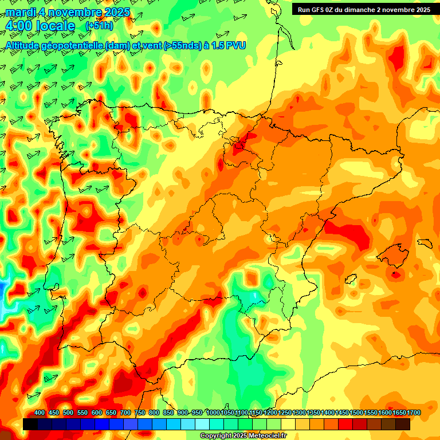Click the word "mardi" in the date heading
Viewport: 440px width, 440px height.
click(x=19, y=12)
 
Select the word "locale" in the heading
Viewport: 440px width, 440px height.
click(x=56, y=26)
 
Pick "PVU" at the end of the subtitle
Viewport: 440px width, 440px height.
click(x=236, y=45)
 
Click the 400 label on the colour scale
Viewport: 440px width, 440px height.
click(x=40, y=413)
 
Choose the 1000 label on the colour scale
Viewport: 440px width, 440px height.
click(x=213, y=413)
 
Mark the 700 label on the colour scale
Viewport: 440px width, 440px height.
click(x=125, y=413)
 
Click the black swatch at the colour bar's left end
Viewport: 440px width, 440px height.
click(x=30, y=424)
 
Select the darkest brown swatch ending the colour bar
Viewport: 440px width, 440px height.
click(x=403, y=424)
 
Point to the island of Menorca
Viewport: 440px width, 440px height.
click(x=425, y=243)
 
